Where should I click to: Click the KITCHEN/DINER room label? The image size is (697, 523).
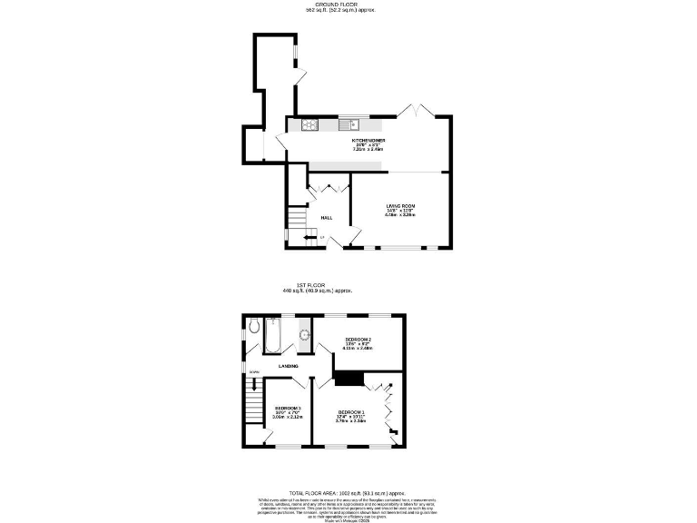click(369, 142)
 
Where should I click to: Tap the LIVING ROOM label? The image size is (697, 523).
click(399, 207)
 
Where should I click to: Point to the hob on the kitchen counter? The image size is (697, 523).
click(309, 125)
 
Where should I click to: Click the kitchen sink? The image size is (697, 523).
click(350, 125)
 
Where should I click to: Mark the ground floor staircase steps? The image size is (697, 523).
click(297, 218)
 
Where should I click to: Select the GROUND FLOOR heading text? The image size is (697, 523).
click(348, 5)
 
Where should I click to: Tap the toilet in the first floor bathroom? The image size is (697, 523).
click(254, 328)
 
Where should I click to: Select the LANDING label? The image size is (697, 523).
click(290, 366)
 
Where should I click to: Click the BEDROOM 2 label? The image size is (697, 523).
click(358, 340)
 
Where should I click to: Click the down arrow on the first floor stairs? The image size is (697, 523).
click(255, 372)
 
